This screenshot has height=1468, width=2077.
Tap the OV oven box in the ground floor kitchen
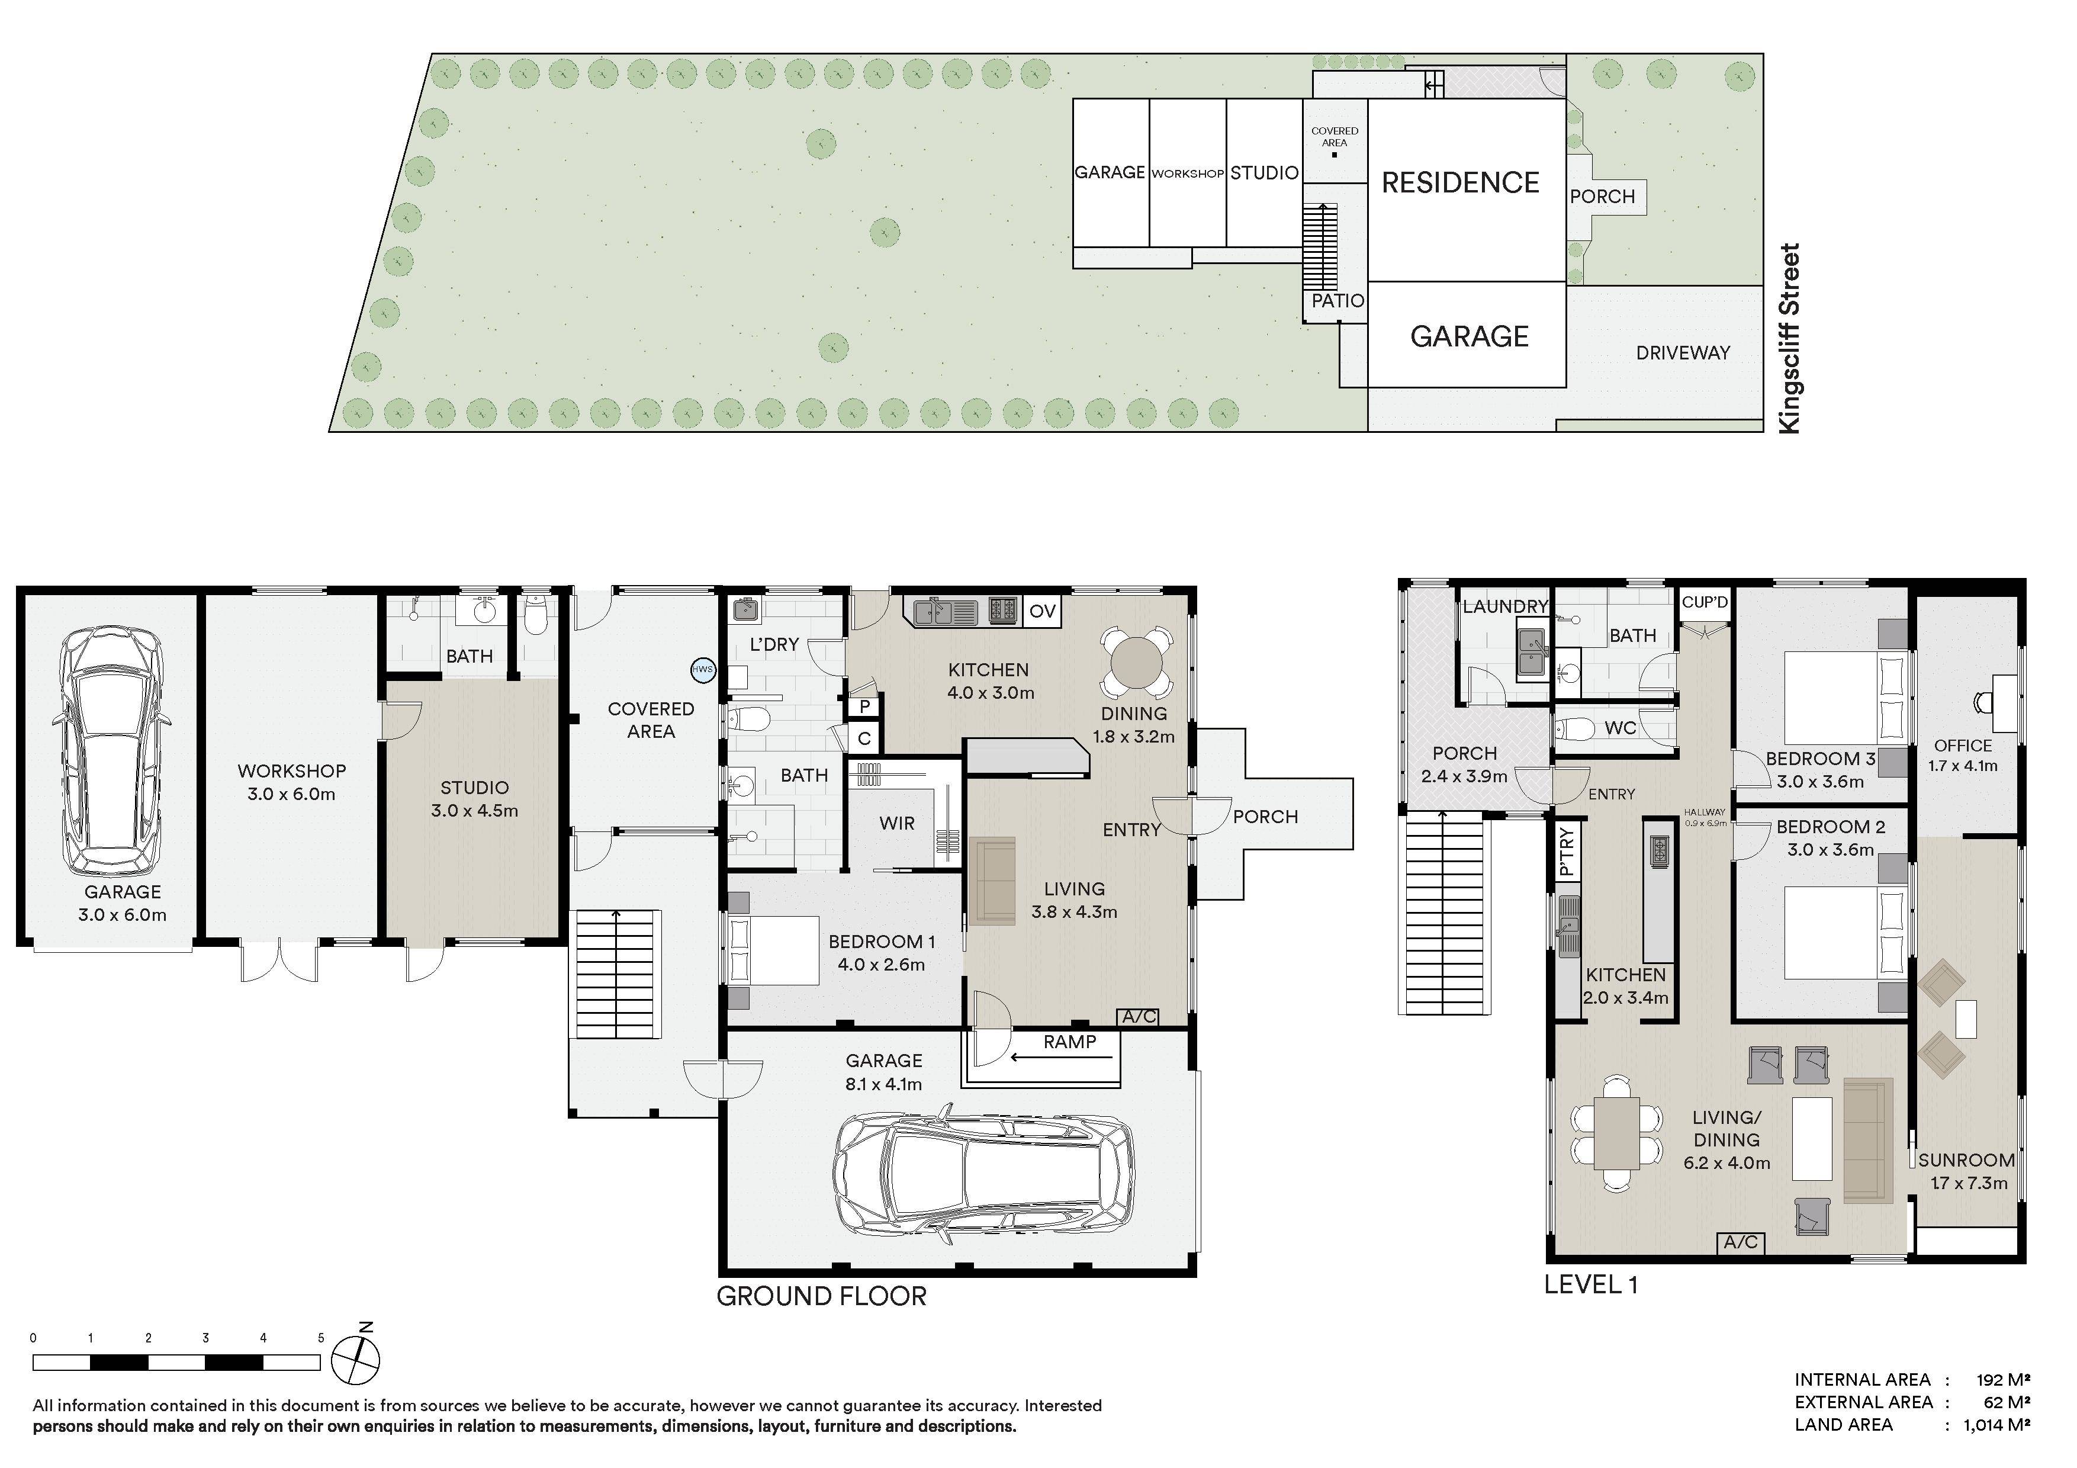pos(1042,612)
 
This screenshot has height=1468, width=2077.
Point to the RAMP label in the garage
pos(1069,1042)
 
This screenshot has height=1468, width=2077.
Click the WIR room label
pos(896,824)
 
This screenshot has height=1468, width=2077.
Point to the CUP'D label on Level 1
pos(1705,602)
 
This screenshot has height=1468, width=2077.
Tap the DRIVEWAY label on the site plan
pos(1683,353)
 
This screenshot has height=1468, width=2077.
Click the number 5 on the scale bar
pos(320,1338)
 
